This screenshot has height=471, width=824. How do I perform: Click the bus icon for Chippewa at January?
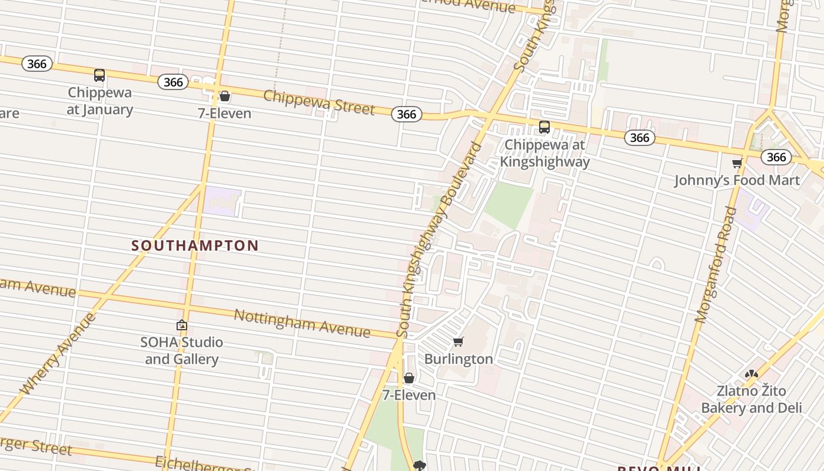[x=99, y=75]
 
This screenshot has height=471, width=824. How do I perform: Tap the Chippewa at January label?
[x=99, y=101]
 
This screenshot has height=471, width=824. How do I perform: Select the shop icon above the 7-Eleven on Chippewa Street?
[x=225, y=96]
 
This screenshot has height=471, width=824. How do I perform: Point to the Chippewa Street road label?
[x=318, y=102]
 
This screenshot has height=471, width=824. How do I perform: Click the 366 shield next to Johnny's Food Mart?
[x=776, y=157]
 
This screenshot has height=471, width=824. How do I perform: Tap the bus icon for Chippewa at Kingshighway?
[x=544, y=127]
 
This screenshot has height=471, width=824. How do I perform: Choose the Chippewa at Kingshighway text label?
[x=544, y=153]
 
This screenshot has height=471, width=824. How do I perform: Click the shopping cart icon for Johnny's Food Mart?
[x=737, y=164]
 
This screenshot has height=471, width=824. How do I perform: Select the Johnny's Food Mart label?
[x=737, y=180]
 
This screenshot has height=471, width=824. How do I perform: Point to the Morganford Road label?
[x=716, y=265]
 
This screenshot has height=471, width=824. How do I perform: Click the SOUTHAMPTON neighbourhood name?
[x=195, y=246]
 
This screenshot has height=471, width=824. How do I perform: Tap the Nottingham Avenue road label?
[x=302, y=323]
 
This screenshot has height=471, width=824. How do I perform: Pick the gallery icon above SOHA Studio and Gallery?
[x=182, y=325]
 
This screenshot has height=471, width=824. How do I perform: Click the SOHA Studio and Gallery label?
[x=182, y=351]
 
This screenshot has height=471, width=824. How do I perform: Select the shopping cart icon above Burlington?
[x=458, y=342]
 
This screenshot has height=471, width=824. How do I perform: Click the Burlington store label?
[x=458, y=359]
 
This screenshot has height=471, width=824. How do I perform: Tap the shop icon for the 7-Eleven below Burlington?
[x=409, y=378]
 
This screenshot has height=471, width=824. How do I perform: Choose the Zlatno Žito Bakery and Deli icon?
[x=752, y=374]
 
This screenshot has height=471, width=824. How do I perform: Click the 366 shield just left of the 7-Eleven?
[x=173, y=82]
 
